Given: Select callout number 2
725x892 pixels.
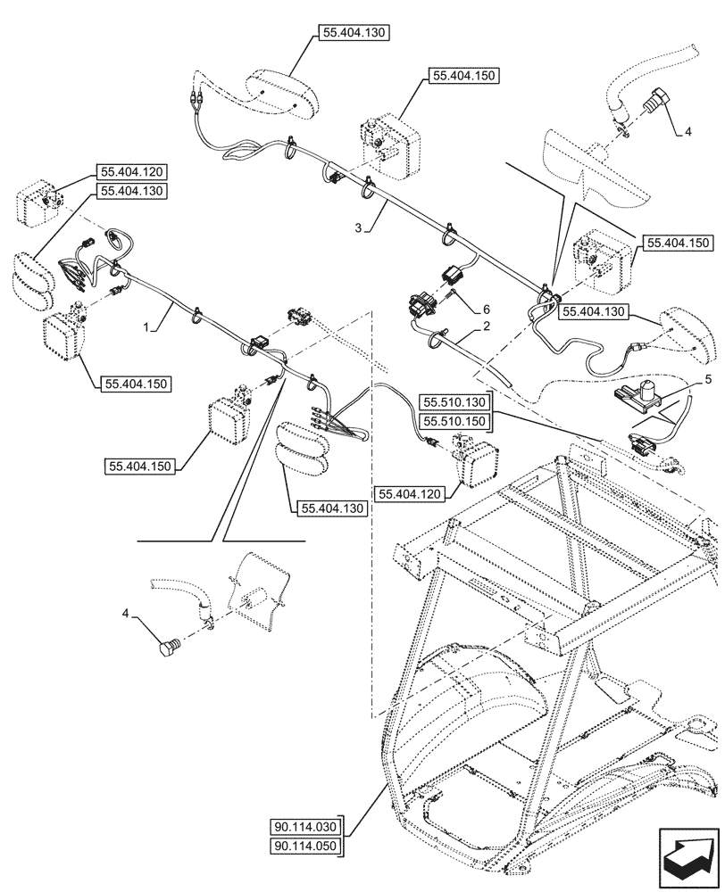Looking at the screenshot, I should coord(487,327).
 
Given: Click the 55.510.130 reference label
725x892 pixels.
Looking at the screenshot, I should coord(458,401).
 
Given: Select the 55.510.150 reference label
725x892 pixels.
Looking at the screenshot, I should coord(458,420).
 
